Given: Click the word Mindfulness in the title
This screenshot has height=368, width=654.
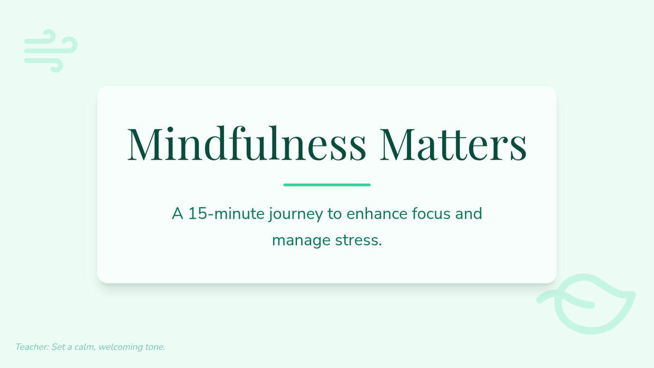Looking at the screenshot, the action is pos(246,143).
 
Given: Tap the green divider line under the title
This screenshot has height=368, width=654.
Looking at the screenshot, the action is pos(327,185).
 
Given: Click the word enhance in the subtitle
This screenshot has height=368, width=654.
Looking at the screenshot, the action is pos(377,214).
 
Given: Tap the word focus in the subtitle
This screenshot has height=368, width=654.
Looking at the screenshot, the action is pos(431,214).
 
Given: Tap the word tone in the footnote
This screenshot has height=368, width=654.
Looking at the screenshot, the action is pos(152,347).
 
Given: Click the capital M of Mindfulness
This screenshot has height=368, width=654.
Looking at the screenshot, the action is pos(144,144).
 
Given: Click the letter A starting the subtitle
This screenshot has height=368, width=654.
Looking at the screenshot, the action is pos(178,214).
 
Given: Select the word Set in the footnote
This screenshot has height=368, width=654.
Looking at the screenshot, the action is pos(58,347).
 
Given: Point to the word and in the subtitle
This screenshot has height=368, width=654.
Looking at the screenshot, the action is pos(468,214).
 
